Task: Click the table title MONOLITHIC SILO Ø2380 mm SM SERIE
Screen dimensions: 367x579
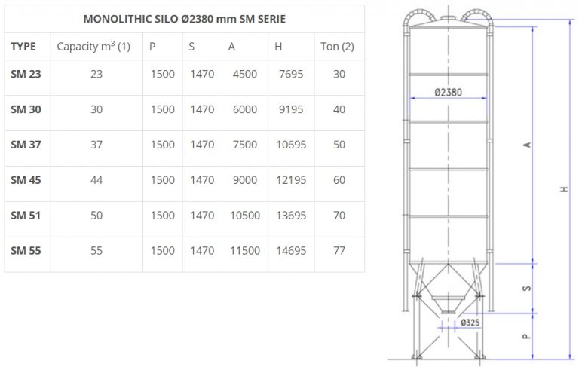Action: pos(184,18)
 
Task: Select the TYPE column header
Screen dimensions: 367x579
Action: pos(23,47)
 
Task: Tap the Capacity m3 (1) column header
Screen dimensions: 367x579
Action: pos(93,47)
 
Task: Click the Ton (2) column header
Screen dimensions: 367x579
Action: pos(337,47)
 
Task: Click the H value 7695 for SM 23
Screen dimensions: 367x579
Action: pos(289,74)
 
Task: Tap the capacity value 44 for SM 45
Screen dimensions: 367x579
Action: pos(96,180)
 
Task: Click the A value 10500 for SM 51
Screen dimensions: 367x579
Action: pos(245,216)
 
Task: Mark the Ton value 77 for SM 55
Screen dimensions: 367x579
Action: pos(339,251)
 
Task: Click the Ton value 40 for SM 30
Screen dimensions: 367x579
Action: pos(339,109)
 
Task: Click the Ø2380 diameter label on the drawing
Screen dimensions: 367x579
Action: pos(449,93)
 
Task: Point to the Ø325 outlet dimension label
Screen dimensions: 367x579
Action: pos(468,323)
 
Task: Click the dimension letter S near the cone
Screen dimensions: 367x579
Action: pos(527,287)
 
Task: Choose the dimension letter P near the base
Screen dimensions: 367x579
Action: pos(527,335)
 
